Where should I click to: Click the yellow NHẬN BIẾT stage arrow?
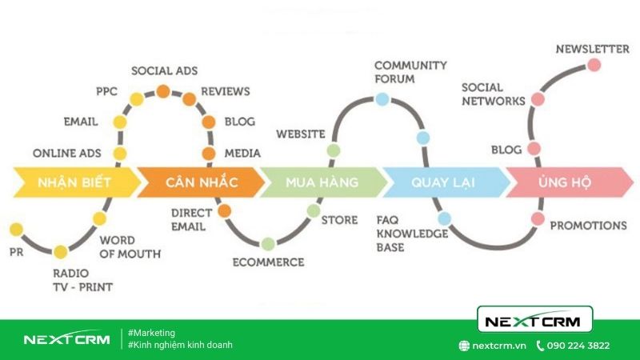click(x=75, y=182)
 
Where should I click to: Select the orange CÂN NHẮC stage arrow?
click(x=201, y=182)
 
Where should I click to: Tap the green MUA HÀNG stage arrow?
click(x=322, y=182)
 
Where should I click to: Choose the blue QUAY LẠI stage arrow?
click(x=445, y=182)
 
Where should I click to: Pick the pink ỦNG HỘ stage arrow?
click(x=568, y=182)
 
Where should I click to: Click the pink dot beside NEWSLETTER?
click(x=594, y=65)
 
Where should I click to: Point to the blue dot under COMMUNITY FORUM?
click(x=382, y=98)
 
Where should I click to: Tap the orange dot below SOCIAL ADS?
click(x=163, y=91)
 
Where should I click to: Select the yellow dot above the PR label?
click(x=16, y=230)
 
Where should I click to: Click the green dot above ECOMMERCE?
click(x=268, y=244)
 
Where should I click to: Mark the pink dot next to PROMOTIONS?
click(x=538, y=218)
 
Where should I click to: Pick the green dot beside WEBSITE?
click(x=334, y=150)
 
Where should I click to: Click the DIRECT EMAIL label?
click(x=191, y=219)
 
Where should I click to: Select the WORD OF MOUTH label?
click(x=130, y=247)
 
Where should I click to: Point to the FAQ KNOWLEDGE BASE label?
click(x=412, y=234)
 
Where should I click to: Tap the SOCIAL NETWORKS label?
click(x=494, y=94)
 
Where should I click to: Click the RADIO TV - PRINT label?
click(x=83, y=280)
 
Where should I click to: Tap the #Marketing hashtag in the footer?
click(x=151, y=333)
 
